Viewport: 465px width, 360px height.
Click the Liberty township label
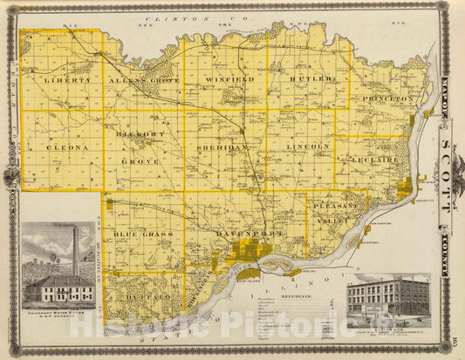click(x=67, y=79)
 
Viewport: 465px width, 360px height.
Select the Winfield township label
click(x=229, y=79)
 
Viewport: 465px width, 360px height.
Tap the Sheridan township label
click(x=225, y=148)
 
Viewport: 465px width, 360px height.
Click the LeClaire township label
click(x=378, y=160)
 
